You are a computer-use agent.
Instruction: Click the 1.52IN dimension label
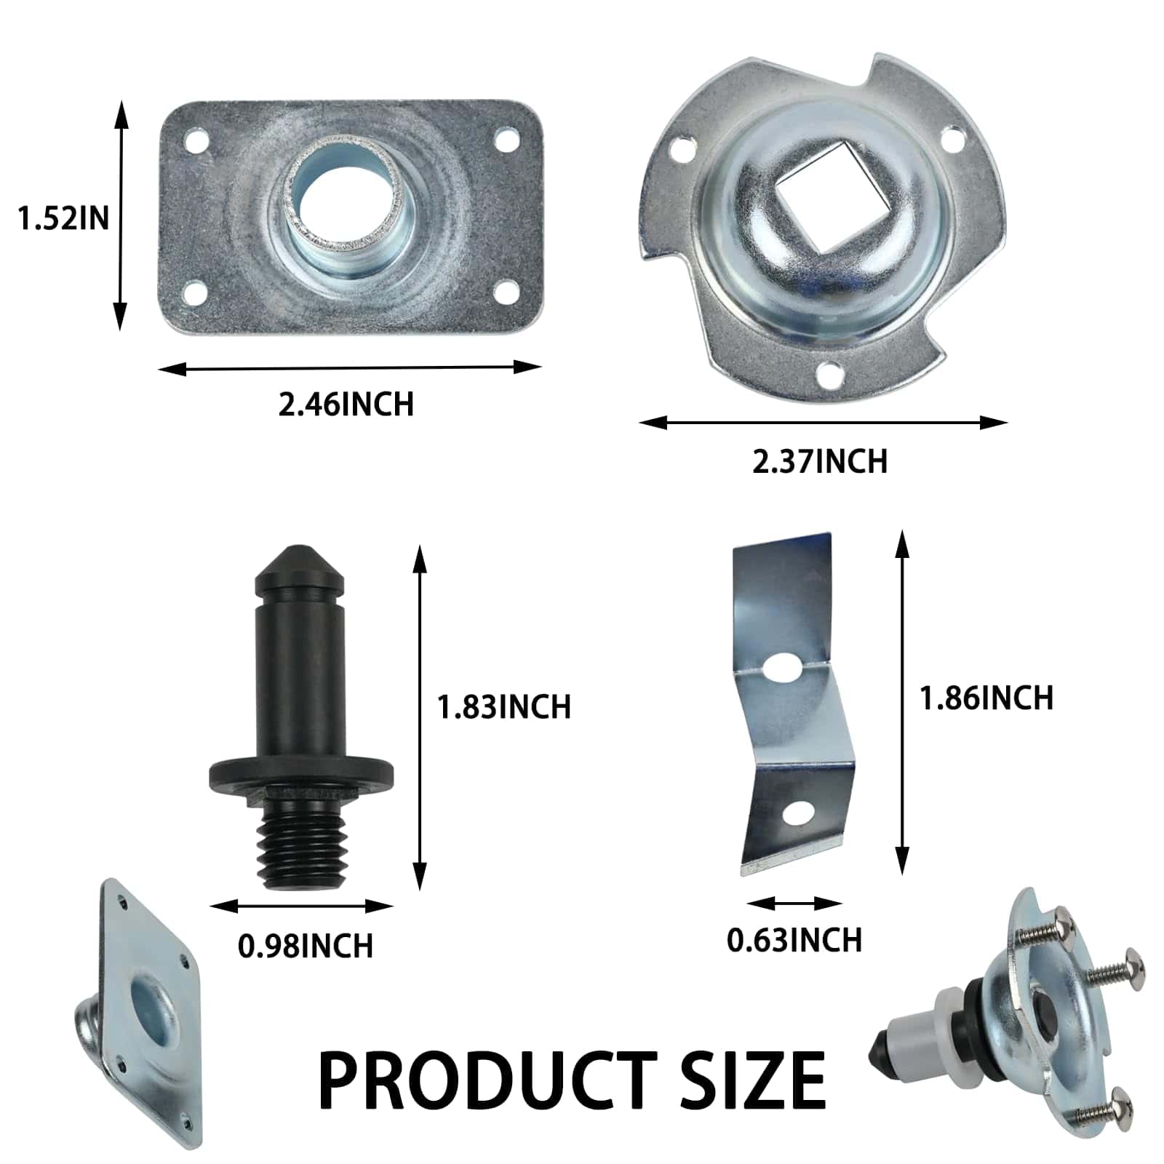pyautogui.click(x=63, y=218)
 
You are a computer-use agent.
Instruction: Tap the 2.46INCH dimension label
pyautogui.click(x=346, y=404)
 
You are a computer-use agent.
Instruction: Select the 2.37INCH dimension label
pyautogui.click(x=820, y=461)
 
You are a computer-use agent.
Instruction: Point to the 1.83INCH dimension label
pyautogui.click(x=504, y=707)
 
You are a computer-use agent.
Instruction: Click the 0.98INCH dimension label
pyautogui.click(x=306, y=946)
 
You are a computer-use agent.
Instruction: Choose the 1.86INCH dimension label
pyautogui.click(x=986, y=698)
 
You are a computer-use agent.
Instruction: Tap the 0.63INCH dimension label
pyautogui.click(x=794, y=940)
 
